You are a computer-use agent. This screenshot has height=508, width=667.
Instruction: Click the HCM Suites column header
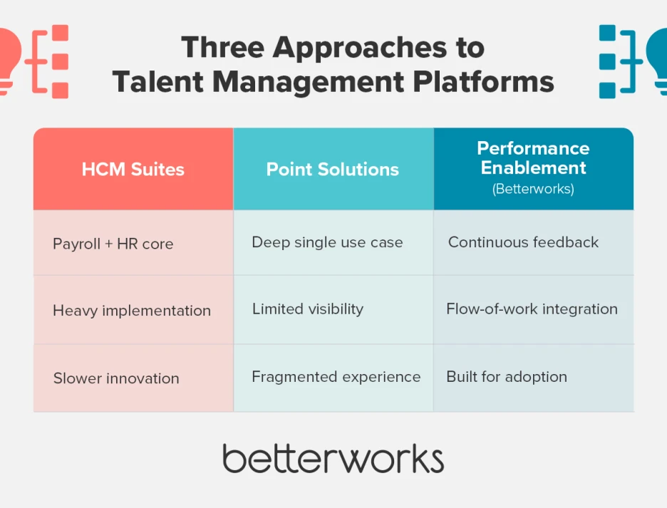point(133,170)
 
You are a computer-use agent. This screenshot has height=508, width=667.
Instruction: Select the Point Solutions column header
point(333,170)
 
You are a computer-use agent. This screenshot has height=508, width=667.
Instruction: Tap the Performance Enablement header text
point(533,157)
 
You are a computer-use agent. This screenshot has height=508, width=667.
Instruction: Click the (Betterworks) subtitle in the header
point(533,190)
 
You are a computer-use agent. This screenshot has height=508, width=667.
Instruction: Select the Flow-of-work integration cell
point(532,309)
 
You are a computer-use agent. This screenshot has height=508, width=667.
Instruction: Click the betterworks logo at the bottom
point(333,458)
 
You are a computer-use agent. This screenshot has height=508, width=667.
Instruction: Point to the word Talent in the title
point(150,82)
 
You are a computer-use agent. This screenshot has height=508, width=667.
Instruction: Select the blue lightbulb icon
point(657,60)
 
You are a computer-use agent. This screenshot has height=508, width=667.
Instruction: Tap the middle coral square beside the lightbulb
point(60,61)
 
